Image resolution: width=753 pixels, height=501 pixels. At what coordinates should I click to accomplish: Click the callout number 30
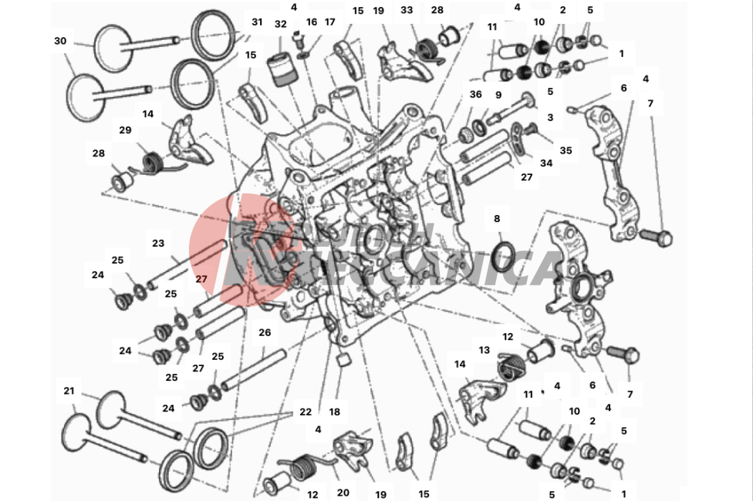point(60,41)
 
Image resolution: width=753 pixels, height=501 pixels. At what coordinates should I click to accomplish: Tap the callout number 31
point(257,22)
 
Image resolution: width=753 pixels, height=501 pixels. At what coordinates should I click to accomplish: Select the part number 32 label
point(281,24)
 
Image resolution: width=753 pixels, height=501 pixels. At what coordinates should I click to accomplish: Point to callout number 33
point(407,11)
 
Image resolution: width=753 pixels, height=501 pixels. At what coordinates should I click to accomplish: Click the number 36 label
point(475,94)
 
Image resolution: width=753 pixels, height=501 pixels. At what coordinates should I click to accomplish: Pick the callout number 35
point(566,150)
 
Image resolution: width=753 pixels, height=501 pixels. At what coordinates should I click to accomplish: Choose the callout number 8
point(497,219)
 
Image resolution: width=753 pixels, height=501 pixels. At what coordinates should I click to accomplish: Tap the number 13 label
point(484,349)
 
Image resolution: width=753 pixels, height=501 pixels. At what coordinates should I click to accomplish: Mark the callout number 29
point(125,129)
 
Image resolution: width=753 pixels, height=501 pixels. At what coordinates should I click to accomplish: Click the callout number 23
point(158,243)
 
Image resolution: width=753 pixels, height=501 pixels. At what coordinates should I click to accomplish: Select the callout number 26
point(265,333)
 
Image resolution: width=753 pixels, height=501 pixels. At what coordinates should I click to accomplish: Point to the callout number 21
point(69,391)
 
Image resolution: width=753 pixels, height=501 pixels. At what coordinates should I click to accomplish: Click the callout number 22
point(305,412)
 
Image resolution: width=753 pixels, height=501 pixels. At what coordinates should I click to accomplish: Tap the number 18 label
point(334,412)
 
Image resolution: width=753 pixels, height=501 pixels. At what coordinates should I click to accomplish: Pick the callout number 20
point(343,493)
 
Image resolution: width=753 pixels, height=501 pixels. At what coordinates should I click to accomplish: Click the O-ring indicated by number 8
point(504,257)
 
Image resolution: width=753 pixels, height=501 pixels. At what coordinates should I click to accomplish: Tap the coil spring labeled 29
point(153,163)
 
